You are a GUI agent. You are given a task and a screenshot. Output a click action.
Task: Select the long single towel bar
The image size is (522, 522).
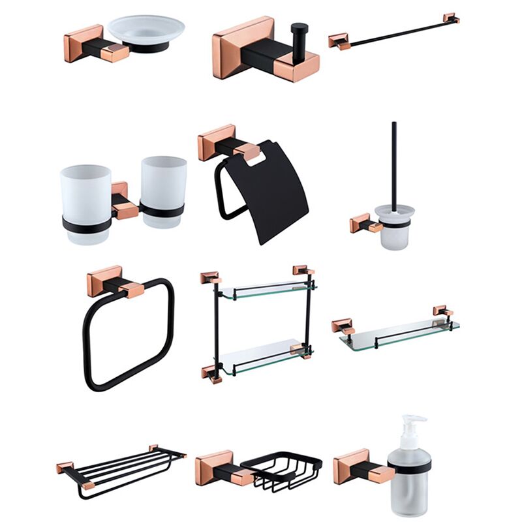coord(391,31)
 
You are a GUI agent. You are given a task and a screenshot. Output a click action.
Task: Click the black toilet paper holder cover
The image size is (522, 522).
coord(274,196)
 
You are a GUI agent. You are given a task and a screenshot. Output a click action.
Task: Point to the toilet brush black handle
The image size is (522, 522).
coord(394,163)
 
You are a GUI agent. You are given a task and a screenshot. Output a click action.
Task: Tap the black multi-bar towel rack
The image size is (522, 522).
coord(117,467)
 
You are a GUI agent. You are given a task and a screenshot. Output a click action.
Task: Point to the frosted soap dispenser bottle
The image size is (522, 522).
coord(409,489)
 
